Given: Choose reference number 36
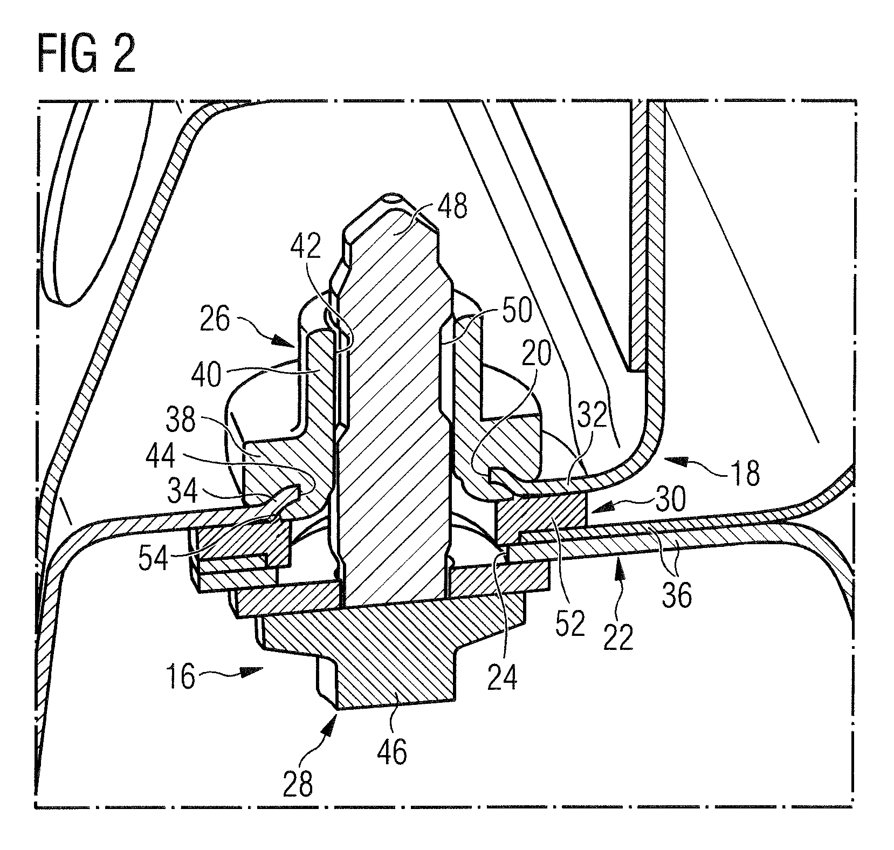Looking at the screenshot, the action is (x=677, y=595).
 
